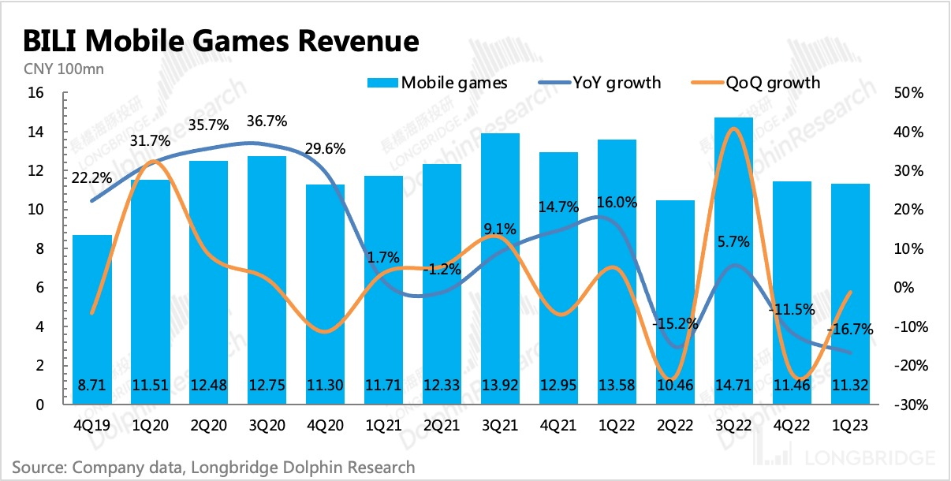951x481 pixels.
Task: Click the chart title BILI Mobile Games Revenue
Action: [221, 40]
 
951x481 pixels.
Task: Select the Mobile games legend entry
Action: [437, 82]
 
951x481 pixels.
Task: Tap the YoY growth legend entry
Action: [599, 82]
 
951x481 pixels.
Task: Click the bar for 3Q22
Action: [733, 260]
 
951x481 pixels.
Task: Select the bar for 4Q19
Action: [91, 319]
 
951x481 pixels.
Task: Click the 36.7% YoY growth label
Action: [266, 122]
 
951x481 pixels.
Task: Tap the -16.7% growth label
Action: [851, 330]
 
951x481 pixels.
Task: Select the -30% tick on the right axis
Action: [907, 405]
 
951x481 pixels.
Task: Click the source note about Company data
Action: [213, 467]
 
